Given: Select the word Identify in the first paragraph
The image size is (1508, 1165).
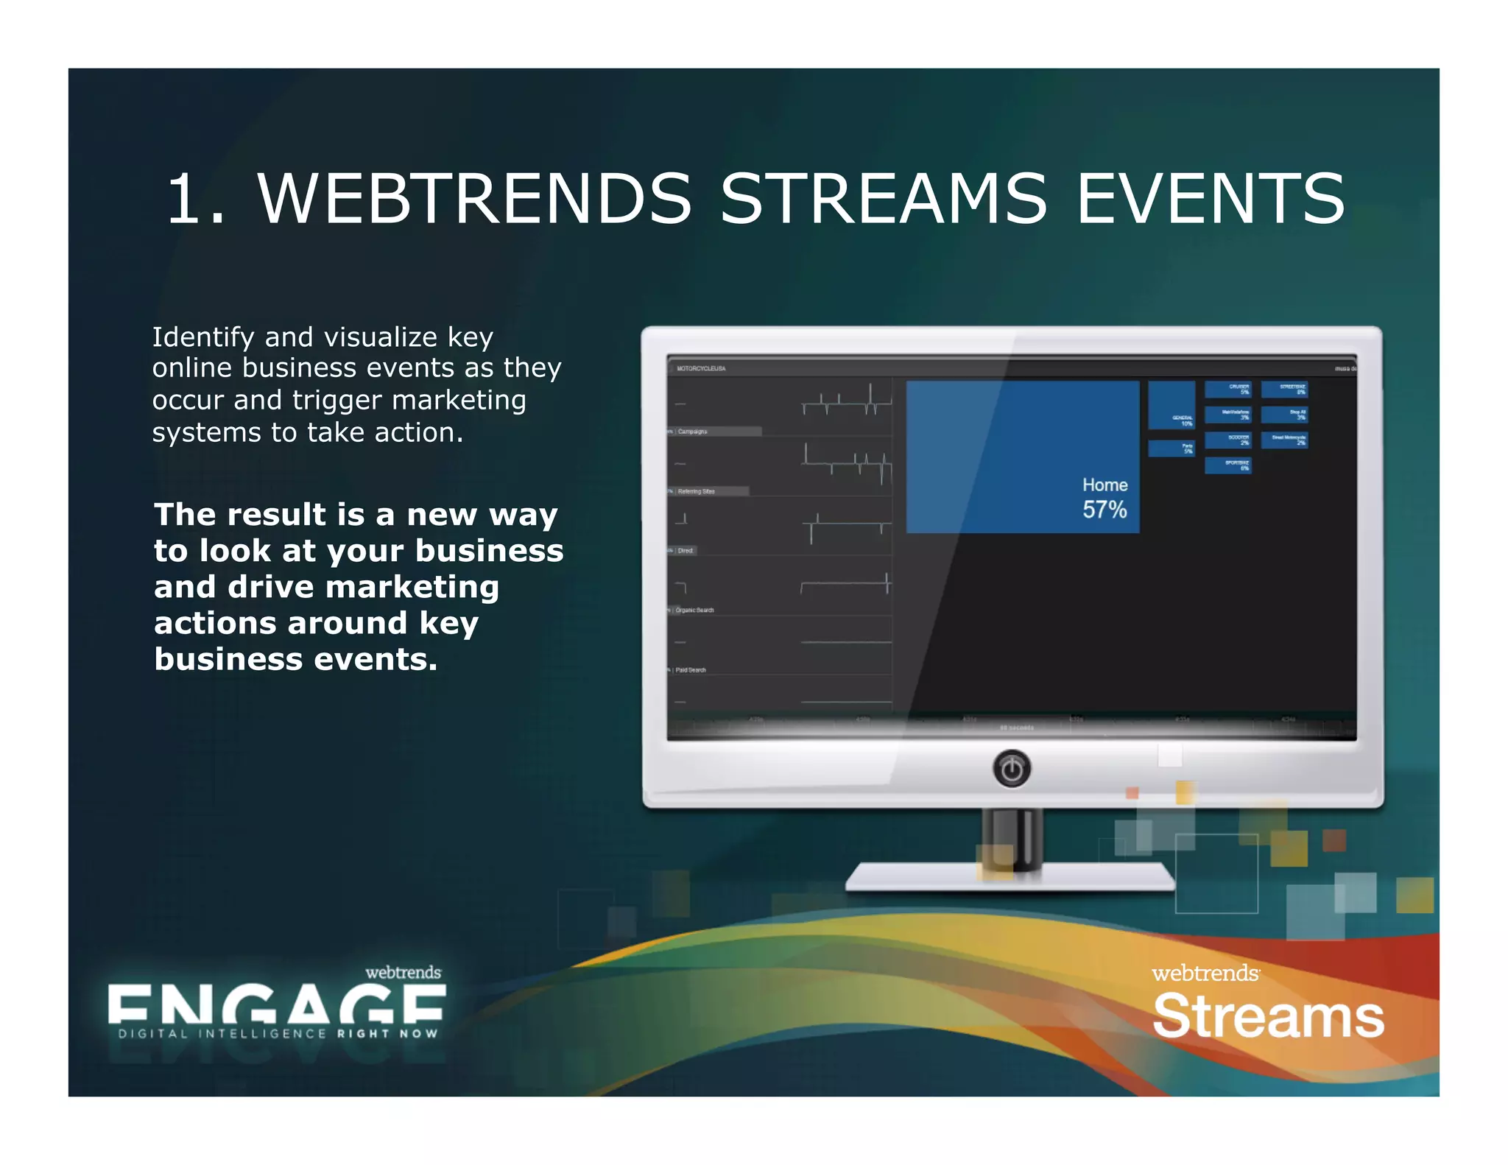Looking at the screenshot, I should click(x=202, y=337).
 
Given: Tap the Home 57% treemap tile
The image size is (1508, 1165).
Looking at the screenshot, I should click(x=1022, y=457).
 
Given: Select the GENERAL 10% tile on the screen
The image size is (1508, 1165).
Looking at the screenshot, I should click(x=1171, y=405).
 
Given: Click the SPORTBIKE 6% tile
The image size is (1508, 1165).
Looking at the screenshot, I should click(x=1227, y=465).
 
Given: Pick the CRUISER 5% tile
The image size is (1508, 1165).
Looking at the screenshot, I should click(x=1227, y=389).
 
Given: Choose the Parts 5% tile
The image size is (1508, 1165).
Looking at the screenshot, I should click(x=1171, y=448).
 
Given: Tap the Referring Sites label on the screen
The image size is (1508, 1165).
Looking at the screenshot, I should click(x=696, y=491).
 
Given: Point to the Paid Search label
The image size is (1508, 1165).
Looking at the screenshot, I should click(x=691, y=670).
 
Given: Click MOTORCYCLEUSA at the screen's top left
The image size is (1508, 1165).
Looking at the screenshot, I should click(x=701, y=368).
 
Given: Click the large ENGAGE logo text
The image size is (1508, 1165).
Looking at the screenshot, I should click(x=276, y=1005).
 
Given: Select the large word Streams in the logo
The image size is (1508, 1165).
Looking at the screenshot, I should click(x=1268, y=1016).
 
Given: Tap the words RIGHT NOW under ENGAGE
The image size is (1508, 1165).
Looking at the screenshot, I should click(x=387, y=1034).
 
